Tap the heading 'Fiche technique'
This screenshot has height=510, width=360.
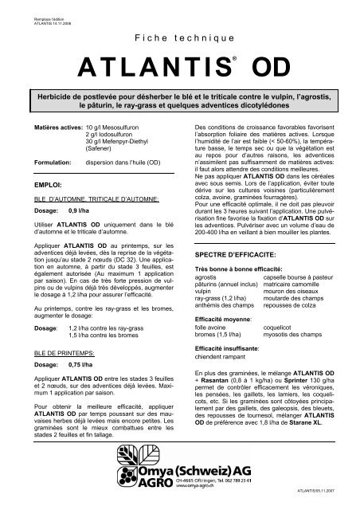(x=179, y=37)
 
